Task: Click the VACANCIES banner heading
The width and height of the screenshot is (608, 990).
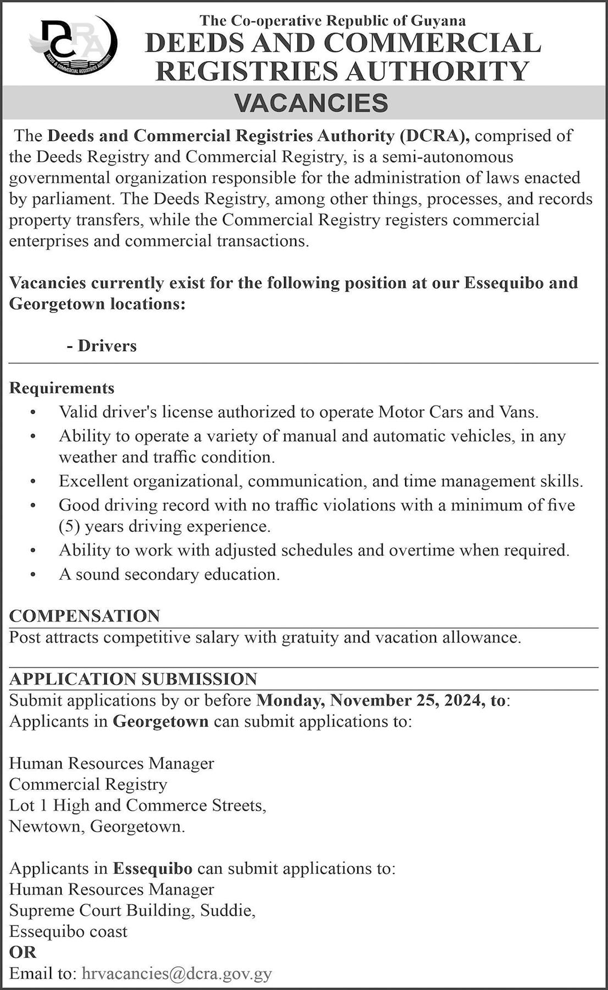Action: coord(311,103)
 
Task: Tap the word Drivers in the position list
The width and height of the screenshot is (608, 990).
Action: coord(107,346)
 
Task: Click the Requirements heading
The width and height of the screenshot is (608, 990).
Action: coord(62,388)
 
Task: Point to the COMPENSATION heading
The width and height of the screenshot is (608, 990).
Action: coord(85,615)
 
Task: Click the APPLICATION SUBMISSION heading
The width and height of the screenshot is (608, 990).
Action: coord(133,679)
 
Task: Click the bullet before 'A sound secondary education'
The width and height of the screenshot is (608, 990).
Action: coord(34,575)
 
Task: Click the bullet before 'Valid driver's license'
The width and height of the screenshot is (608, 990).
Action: coord(34,412)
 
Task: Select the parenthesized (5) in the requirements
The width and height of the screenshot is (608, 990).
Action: coord(70,526)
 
